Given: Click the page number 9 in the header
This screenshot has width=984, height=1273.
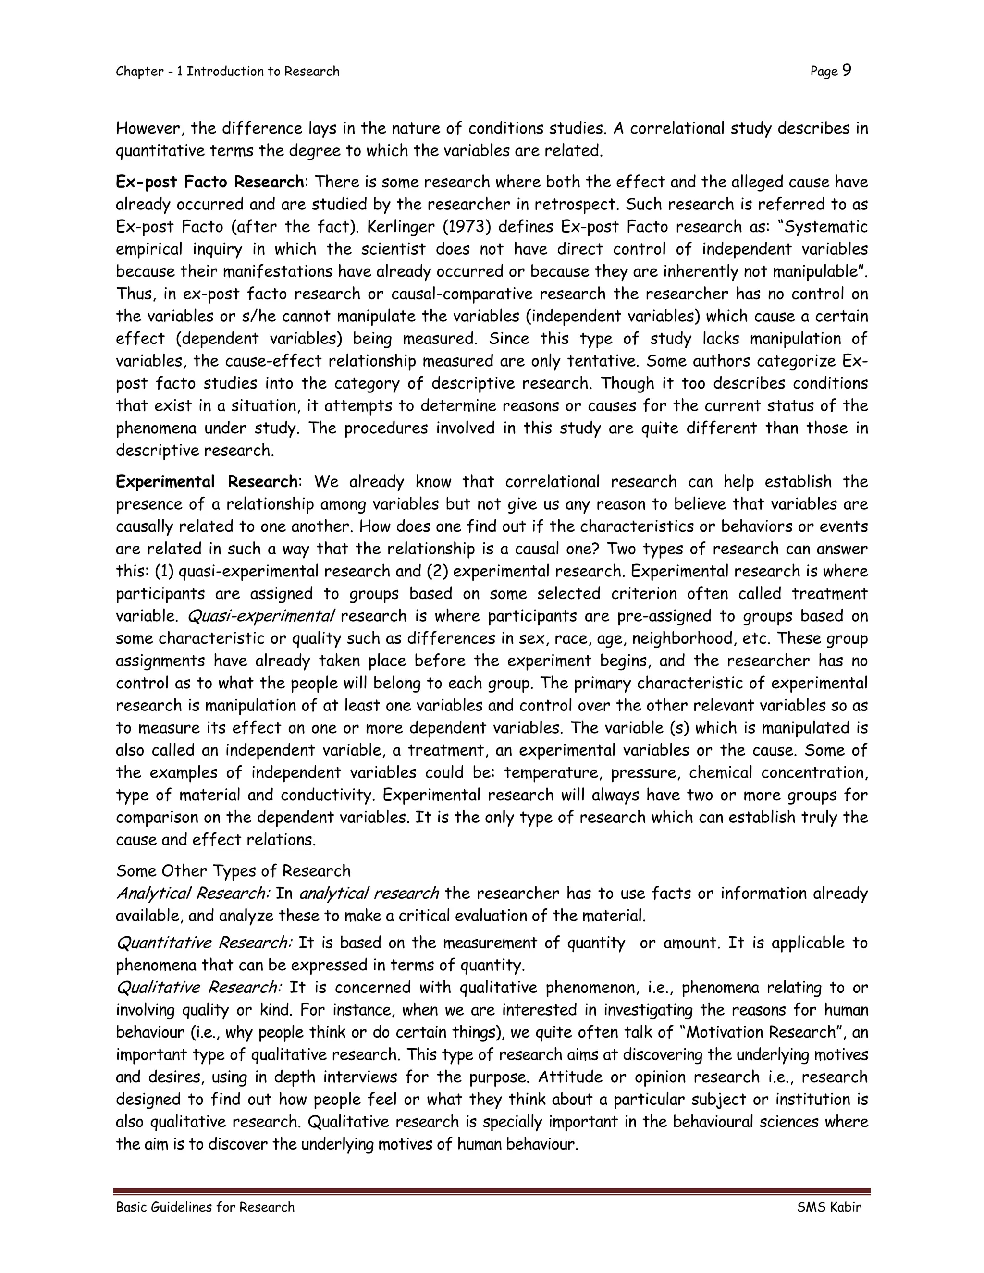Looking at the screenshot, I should coord(847,71).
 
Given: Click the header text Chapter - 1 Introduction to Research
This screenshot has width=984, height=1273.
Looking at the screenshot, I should coord(227,72).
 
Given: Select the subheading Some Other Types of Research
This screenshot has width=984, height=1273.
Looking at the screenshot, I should coord(233,871).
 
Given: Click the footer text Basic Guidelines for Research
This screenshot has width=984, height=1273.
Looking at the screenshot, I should coord(205,1207).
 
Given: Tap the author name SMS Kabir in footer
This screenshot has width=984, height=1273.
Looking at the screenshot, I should coord(829,1207).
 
